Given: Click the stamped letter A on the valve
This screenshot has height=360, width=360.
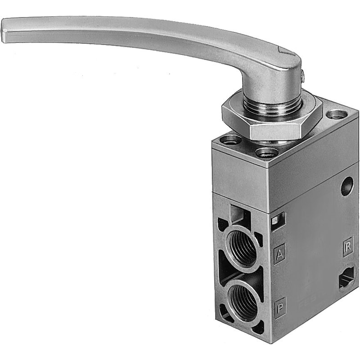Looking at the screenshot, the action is pyautogui.click(x=279, y=254).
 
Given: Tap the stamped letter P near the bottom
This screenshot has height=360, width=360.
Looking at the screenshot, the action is pyautogui.click(x=280, y=307).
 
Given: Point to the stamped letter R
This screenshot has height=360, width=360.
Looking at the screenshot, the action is pyautogui.click(x=347, y=247).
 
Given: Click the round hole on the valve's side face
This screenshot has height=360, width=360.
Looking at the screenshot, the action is pyautogui.click(x=347, y=186).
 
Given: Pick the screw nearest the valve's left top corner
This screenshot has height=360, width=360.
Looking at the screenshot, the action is pyautogui.click(x=230, y=139).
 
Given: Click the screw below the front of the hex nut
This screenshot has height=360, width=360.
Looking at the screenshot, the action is pyautogui.click(x=267, y=152).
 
